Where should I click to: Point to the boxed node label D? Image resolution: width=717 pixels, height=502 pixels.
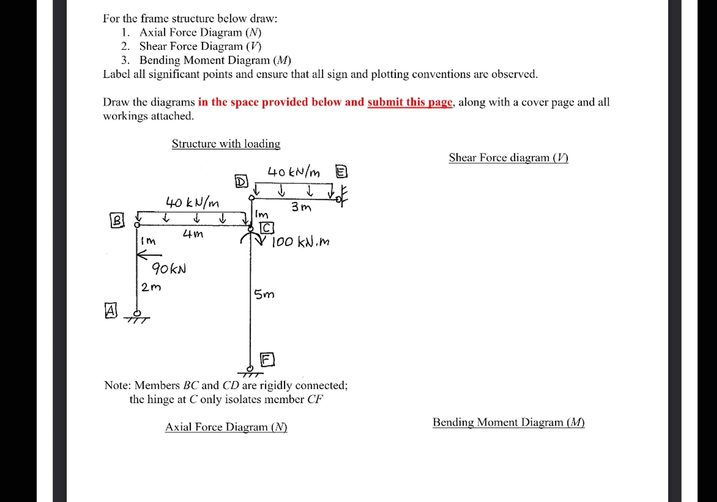click(241, 182)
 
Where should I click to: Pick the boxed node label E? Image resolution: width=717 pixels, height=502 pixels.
click(341, 172)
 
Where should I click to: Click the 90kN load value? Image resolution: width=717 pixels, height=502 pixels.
click(169, 269)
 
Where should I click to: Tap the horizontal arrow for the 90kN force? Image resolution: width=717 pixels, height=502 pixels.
click(149, 255)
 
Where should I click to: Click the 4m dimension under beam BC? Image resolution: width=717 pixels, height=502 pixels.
click(193, 234)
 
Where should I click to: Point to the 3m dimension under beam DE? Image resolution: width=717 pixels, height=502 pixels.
click(301, 207)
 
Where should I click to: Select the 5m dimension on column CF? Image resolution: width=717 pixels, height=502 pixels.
click(264, 294)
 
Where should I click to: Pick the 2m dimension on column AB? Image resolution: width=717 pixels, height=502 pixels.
click(151, 287)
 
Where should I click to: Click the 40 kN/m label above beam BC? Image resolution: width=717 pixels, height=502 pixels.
click(192, 203)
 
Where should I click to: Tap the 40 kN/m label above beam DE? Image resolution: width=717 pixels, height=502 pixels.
click(293, 172)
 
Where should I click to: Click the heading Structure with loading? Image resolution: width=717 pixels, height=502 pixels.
click(226, 144)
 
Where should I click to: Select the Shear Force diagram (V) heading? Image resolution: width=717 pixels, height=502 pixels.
click(508, 158)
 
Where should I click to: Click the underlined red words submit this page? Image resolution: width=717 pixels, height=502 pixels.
click(410, 102)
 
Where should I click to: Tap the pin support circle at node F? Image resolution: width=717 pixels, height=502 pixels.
click(250, 368)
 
